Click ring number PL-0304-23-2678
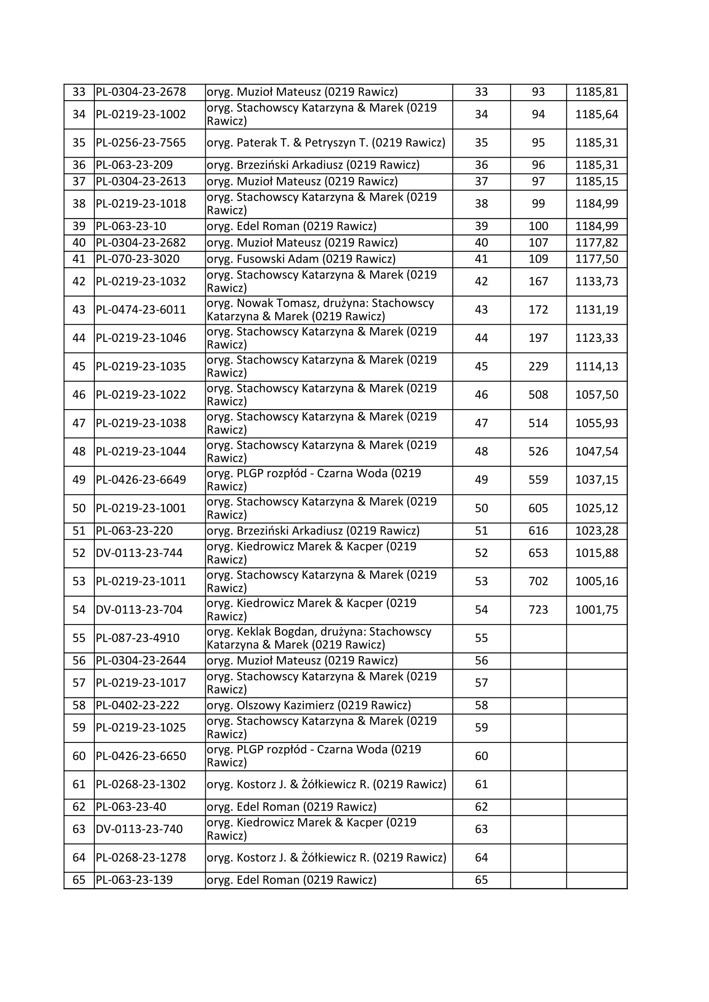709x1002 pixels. pyautogui.click(x=141, y=92)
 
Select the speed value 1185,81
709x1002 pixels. pyautogui.click(x=596, y=92)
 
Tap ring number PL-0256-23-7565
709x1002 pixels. pyautogui.click(x=141, y=143)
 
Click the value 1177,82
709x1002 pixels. pyautogui.click(x=596, y=242)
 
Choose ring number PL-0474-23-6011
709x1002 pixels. pyautogui.click(x=141, y=310)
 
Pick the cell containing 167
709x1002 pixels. pyautogui.click(x=538, y=281)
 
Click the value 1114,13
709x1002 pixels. pyautogui.click(x=596, y=367)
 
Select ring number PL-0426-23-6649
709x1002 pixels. pyautogui.click(x=141, y=480)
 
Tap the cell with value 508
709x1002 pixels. pyautogui.click(x=538, y=395)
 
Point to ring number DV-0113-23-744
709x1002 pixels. pyautogui.click(x=139, y=553)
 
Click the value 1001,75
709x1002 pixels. pyautogui.click(x=596, y=610)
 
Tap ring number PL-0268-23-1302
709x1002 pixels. pyautogui.click(x=141, y=785)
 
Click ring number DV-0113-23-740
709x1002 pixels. pyautogui.click(x=139, y=829)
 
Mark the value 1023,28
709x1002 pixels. pyautogui.click(x=596, y=531)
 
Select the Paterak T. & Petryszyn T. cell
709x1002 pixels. pyautogui.click(x=326, y=143)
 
